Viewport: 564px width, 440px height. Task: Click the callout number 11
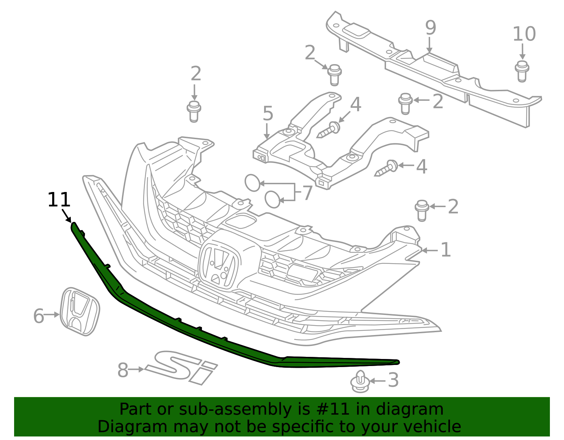pos(59,200)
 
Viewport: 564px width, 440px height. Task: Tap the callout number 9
pos(430,28)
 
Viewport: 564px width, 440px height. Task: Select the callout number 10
pos(524,34)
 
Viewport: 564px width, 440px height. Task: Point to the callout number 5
pos(268,113)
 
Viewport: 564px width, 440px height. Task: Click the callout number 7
pos(307,193)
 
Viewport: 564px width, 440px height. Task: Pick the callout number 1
pos(446,250)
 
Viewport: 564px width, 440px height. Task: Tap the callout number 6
pos(38,316)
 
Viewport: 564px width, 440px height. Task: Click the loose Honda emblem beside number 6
pos(80,311)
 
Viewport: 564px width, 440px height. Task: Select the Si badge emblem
pos(182,367)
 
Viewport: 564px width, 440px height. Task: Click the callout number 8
pos(123,371)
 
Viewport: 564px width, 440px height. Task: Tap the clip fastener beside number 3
pos(360,382)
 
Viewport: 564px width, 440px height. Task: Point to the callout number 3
pos(393,380)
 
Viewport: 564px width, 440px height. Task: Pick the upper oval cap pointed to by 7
pos(252,183)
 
